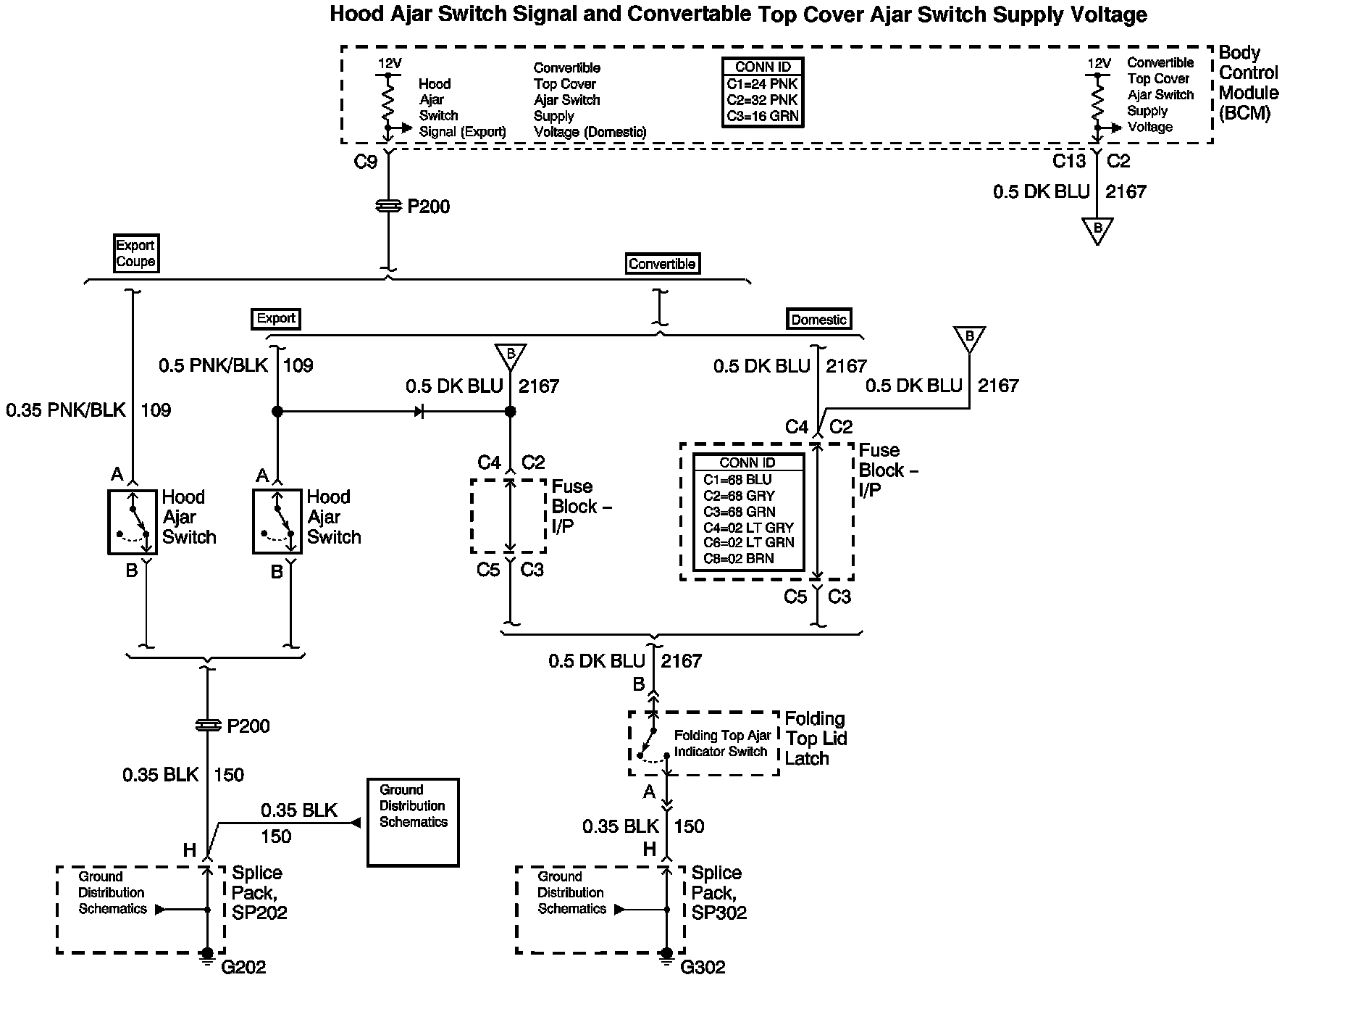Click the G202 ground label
click(x=243, y=967)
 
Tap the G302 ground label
click(x=703, y=967)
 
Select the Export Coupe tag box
click(x=135, y=253)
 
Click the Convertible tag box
click(x=662, y=264)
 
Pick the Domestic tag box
click(x=818, y=319)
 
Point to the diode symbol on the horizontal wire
click(x=419, y=412)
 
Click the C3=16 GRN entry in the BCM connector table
click(x=762, y=116)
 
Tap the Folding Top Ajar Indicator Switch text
click(x=721, y=744)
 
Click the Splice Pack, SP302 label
click(x=719, y=892)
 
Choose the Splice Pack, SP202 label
click(x=259, y=892)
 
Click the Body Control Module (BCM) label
click(x=1248, y=83)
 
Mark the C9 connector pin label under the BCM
click(x=365, y=162)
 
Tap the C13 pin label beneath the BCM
click(x=1069, y=161)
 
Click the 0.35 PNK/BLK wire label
click(x=66, y=410)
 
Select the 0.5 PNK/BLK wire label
click(x=213, y=365)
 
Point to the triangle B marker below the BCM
click(x=1097, y=230)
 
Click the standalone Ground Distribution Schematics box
click(x=413, y=822)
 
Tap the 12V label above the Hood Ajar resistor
click(x=389, y=64)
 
